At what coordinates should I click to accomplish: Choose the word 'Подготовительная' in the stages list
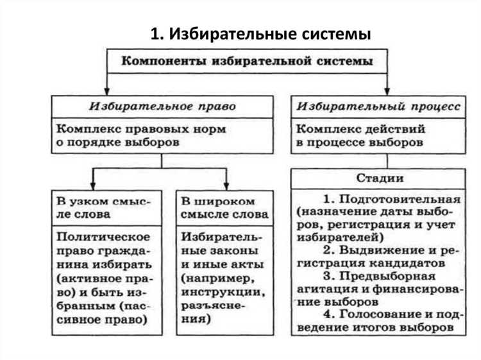[407, 198]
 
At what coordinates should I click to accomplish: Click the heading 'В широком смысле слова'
[224, 207]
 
